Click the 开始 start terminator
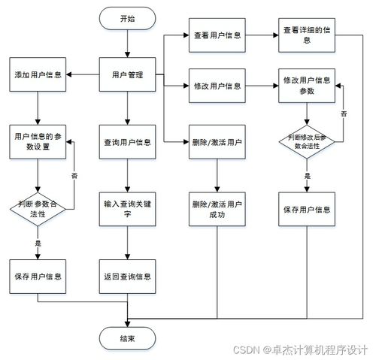click(128, 19)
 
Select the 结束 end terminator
click(128, 338)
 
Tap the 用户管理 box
click(128, 75)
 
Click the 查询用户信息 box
click(128, 141)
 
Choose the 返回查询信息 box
click(128, 276)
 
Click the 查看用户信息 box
click(217, 35)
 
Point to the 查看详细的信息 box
click(307, 35)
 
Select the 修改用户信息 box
click(217, 86)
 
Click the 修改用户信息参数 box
click(307, 86)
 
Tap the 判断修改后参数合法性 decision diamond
click(307, 143)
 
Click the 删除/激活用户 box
click(217, 141)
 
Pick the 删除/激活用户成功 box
click(217, 209)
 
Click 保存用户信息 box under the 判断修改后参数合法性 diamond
click(307, 209)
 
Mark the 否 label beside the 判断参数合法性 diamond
click(74, 174)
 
